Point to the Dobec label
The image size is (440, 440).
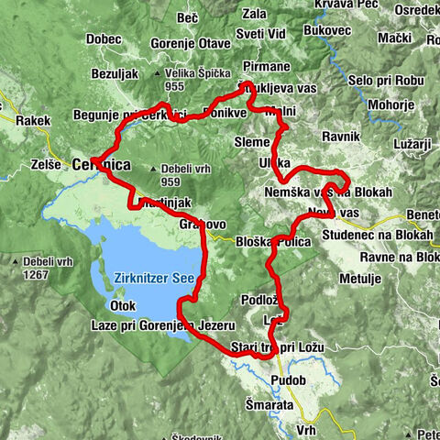pyautogui.click(x=104, y=39)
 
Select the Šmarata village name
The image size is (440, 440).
pyautogui.click(x=269, y=403)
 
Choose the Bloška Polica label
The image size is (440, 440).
pyautogui.click(x=276, y=240)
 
